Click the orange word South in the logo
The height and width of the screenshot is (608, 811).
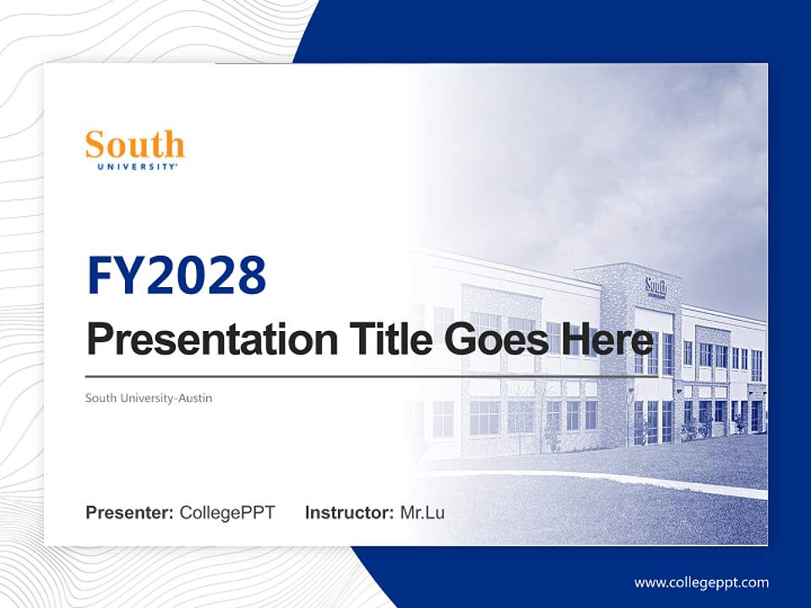point(135,145)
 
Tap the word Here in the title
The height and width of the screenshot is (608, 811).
point(608,340)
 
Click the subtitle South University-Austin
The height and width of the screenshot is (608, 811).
point(149,398)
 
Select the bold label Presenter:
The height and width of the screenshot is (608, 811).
point(130,513)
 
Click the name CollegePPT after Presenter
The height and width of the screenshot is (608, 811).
point(227,513)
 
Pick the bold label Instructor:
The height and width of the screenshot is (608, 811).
point(350,513)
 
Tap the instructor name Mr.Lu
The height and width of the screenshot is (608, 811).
point(422,513)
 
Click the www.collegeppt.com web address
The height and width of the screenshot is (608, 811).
point(701,582)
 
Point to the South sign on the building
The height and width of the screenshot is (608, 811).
point(656,286)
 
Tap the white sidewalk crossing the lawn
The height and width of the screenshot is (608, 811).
point(591,478)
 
